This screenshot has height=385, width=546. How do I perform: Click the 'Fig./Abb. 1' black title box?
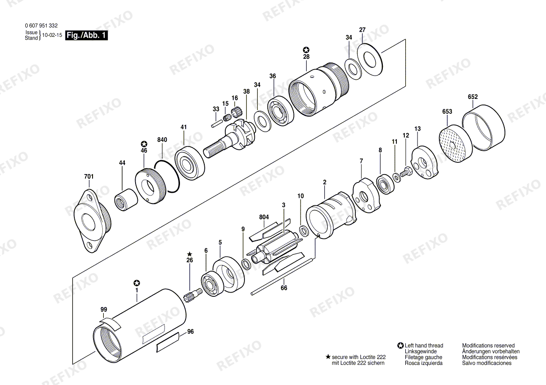point(86,35)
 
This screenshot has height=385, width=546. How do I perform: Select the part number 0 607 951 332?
point(41,26)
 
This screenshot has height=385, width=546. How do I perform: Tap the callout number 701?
point(89,176)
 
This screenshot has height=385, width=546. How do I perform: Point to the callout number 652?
point(473,97)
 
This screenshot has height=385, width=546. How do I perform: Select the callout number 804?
point(264,217)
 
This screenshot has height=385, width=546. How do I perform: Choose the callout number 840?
point(162,140)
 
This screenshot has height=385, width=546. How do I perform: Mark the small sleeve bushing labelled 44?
point(125,199)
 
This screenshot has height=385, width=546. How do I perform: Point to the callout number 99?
point(104,309)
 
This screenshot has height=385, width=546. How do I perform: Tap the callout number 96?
point(190,331)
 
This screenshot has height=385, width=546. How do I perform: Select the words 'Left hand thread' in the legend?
point(424,345)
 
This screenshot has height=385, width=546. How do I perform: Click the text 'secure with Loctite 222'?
point(359,357)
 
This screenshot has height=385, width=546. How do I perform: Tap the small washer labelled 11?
point(396,177)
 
